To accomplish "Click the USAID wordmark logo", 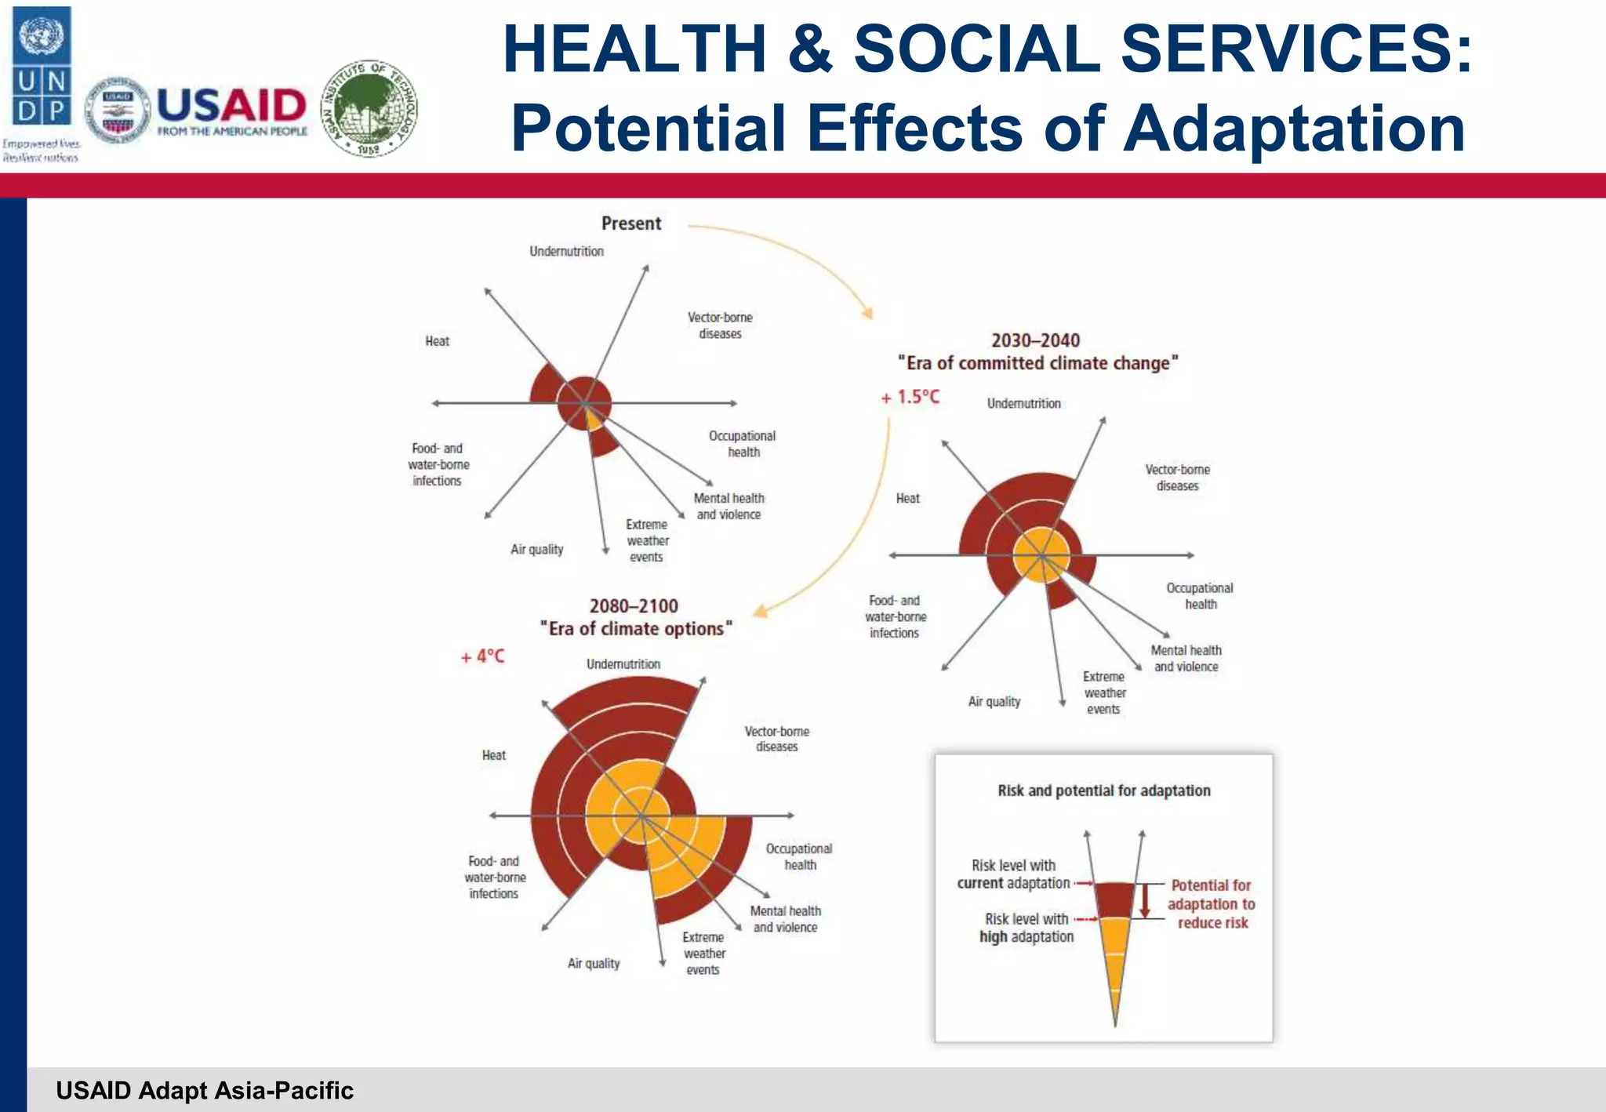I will [231, 109].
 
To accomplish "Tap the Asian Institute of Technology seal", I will [369, 108].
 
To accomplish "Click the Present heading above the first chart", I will [631, 223].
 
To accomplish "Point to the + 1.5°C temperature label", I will [910, 398].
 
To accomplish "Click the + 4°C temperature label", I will [482, 656].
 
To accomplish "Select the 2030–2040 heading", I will [1035, 340].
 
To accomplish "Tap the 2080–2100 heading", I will [634, 606].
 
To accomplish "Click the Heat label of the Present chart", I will [437, 341].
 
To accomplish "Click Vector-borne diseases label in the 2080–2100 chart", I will [776, 739].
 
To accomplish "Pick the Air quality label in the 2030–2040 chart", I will [994, 701].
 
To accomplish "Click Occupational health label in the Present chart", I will [742, 444].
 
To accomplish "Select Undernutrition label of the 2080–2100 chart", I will [623, 664].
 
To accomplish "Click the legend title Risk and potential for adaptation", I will [1103, 790].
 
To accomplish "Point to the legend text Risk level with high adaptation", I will [1026, 928].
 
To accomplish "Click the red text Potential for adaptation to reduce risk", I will [1211, 904].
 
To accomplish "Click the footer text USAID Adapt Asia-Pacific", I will [205, 1090].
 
